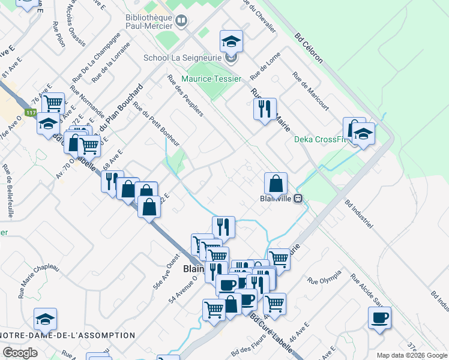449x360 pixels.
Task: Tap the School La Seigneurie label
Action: point(183,58)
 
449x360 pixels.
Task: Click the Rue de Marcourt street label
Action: point(310,91)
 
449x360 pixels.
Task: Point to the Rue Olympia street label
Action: point(324,276)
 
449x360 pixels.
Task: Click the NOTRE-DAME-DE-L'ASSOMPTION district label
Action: point(67,335)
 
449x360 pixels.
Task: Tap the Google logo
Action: point(20,353)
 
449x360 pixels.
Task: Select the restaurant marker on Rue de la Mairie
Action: point(264,109)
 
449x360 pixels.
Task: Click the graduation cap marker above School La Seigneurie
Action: point(231,41)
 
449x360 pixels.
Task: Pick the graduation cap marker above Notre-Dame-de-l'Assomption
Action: point(45,320)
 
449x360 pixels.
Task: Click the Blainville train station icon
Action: point(297,200)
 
